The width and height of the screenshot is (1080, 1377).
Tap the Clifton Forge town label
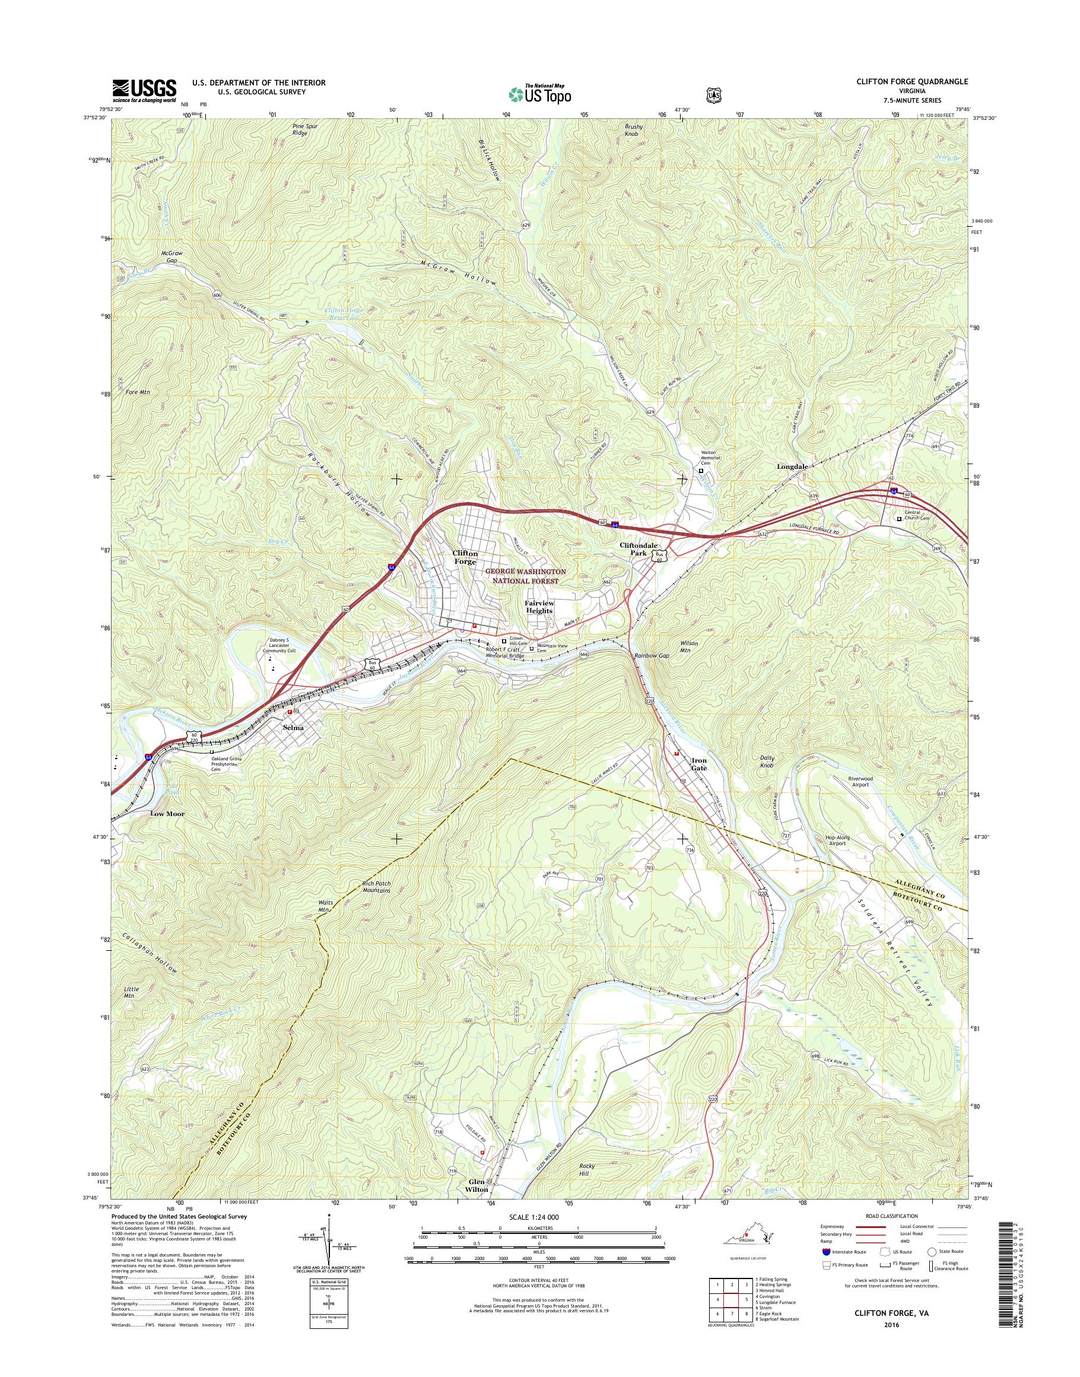coord(465,557)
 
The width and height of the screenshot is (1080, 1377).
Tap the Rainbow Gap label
coord(652,656)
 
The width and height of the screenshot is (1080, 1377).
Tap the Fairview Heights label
coord(538,607)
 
